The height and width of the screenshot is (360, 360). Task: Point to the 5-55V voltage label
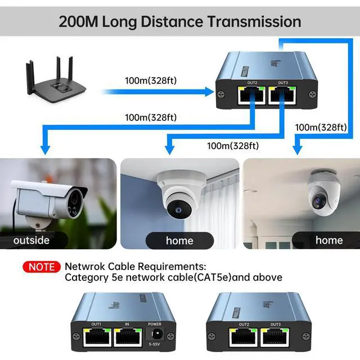154,344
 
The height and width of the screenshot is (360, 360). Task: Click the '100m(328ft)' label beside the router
151,80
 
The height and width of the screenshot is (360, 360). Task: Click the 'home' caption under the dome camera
179,240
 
